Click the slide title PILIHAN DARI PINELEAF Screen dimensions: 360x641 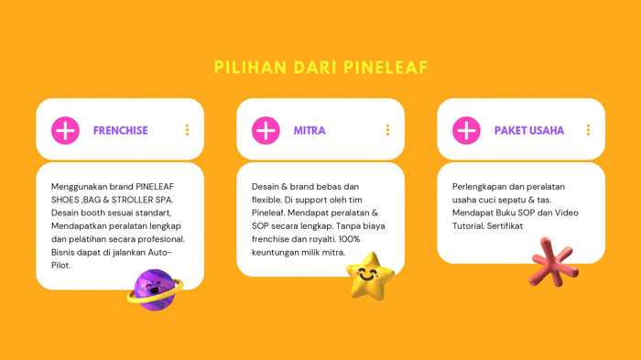pos(320,68)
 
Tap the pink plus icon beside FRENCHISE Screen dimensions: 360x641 pos(65,130)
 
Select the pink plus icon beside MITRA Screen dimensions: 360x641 pos(266,130)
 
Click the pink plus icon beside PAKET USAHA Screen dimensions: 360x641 pos(466,130)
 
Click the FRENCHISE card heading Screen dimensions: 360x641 pos(120,131)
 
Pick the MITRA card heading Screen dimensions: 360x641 pos(310,131)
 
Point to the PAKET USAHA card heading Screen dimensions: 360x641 pos(529,131)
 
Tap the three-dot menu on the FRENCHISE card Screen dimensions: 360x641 pos(187,130)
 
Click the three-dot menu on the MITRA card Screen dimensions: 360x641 pos(387,130)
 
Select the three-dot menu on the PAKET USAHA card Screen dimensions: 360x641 pos(588,130)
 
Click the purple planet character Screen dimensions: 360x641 pos(155,289)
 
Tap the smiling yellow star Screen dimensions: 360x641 pos(369,274)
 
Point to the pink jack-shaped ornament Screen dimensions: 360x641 pos(554,262)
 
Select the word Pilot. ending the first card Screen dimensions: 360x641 pos(63,266)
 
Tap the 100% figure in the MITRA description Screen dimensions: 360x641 pos(376,239)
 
